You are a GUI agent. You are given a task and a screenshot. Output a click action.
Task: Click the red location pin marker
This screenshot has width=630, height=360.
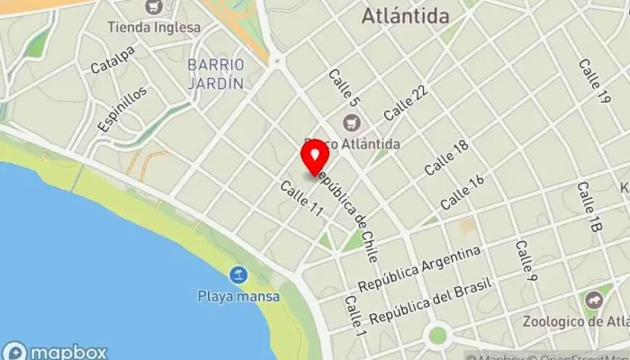[315, 159]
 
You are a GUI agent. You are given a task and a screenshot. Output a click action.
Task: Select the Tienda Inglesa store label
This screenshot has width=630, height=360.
[154, 27]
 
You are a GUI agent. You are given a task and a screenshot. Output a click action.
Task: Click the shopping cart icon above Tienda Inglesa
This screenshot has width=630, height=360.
[154, 8]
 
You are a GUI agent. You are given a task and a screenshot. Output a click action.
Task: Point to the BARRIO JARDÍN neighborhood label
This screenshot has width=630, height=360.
[216, 74]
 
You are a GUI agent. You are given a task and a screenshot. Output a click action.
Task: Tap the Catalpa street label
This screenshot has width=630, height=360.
[112, 60]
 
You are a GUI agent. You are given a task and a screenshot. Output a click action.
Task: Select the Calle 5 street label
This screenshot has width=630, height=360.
[344, 89]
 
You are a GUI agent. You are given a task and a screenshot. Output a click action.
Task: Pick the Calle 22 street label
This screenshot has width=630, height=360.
[405, 103]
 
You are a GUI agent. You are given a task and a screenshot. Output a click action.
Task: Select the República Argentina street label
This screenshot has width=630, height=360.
[418, 267]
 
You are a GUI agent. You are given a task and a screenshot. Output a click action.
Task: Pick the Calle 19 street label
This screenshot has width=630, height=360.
[595, 82]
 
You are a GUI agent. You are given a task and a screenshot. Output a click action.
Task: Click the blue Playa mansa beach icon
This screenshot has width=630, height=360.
[238, 274]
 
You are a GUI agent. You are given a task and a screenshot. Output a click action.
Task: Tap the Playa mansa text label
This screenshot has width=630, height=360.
[238, 295]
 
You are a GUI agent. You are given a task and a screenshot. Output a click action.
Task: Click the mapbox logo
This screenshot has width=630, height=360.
[56, 351]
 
